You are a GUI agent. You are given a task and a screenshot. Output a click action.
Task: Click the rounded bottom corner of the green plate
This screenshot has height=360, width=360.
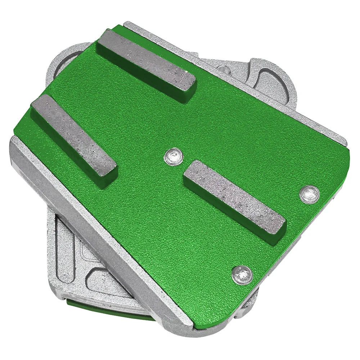coord(220,326)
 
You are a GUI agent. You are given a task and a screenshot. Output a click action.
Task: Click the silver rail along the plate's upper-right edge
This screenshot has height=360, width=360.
coord(252,79)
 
